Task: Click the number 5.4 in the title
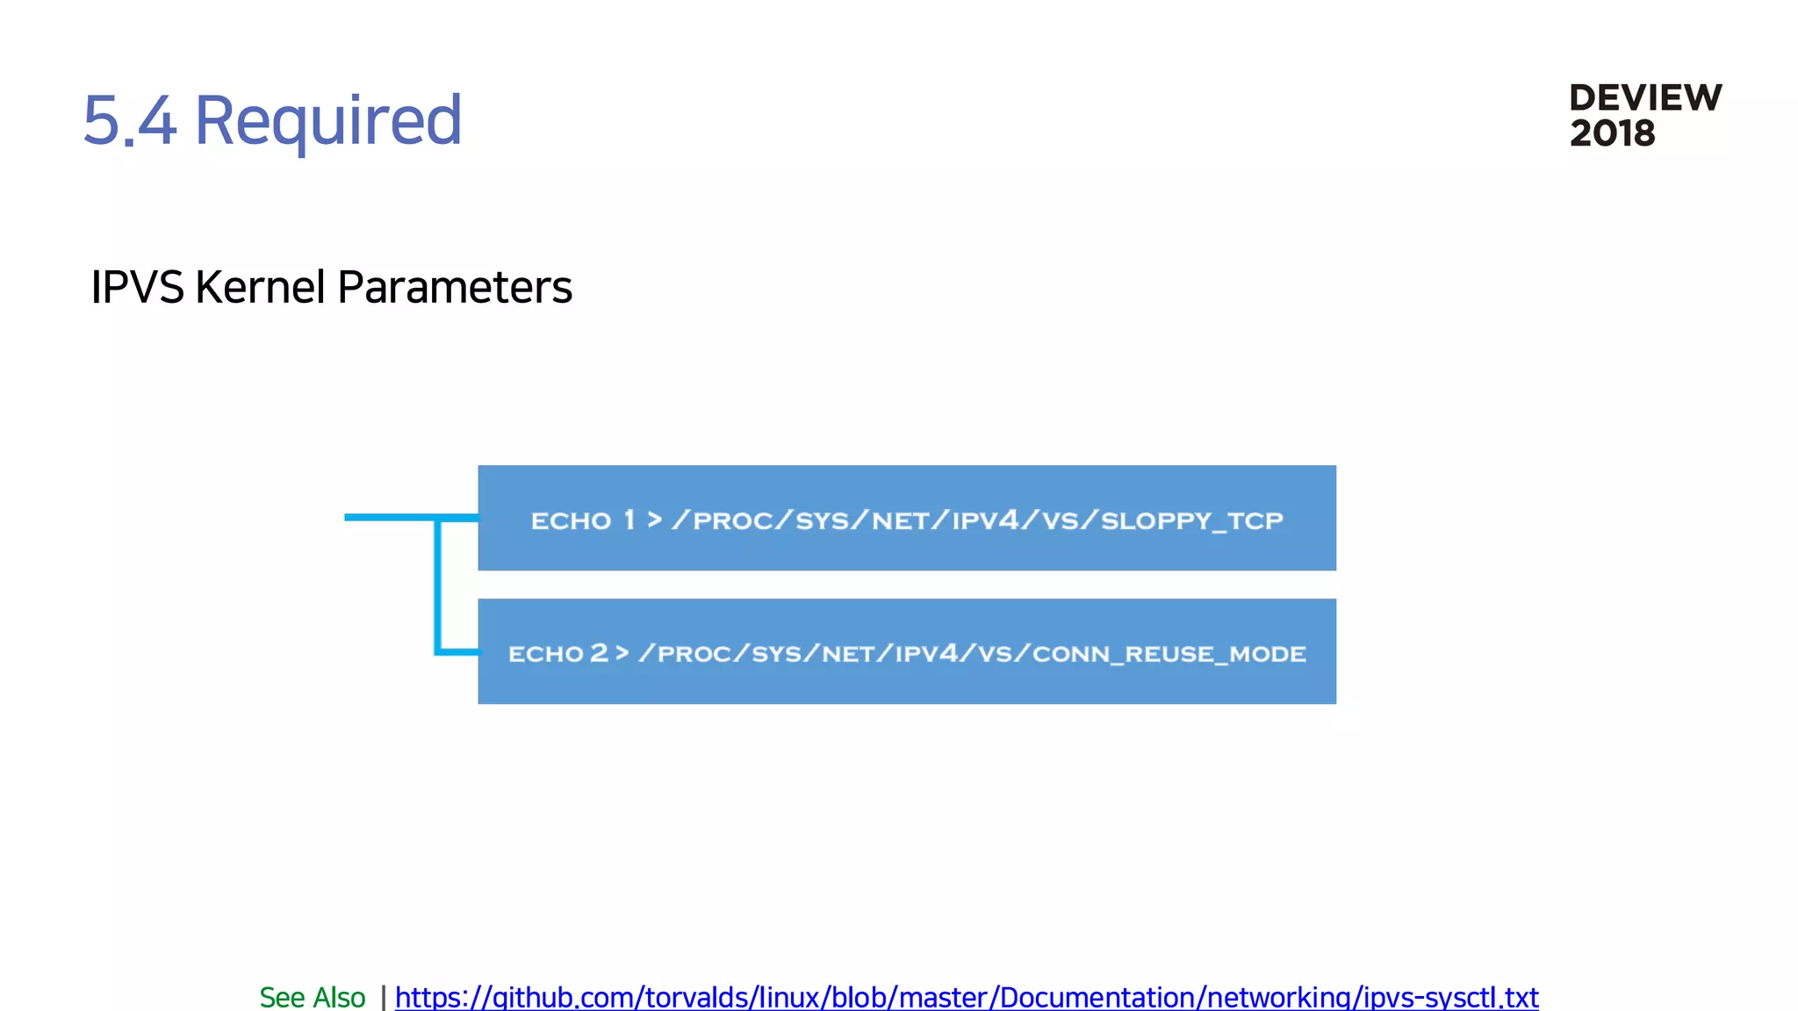click(130, 120)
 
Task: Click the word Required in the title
click(327, 120)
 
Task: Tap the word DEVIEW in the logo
click(1645, 98)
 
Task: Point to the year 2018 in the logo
click(1612, 133)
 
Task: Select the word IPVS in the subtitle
click(137, 287)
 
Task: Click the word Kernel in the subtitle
click(260, 287)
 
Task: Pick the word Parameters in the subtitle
click(454, 287)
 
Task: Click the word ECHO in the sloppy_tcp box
click(571, 520)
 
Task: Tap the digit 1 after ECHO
click(629, 520)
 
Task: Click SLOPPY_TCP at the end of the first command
click(1191, 520)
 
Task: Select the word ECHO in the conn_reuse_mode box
click(545, 654)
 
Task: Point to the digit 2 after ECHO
click(599, 653)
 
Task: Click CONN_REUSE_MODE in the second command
click(1169, 654)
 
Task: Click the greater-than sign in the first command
click(654, 520)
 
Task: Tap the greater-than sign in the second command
click(622, 653)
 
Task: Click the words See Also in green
click(312, 997)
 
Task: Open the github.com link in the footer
click(966, 997)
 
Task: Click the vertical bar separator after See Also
click(383, 997)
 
